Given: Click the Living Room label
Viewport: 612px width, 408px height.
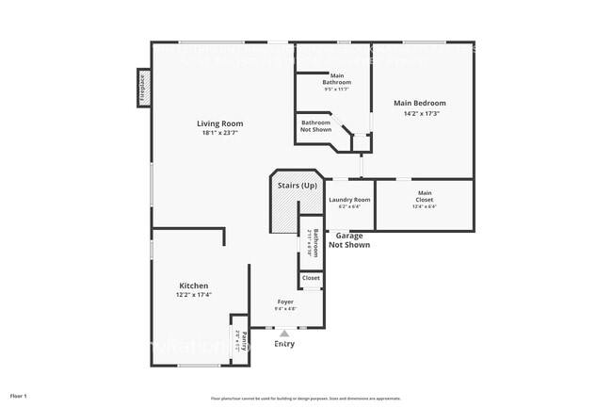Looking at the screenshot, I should (219, 123).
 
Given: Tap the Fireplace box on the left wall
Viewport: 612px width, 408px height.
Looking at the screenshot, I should (144, 90).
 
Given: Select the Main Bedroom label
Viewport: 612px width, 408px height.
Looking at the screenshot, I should (419, 103).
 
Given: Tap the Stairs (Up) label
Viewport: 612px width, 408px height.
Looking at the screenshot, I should (296, 186).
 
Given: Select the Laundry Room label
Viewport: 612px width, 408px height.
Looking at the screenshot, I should (348, 200).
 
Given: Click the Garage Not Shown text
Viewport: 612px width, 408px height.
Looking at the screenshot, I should (348, 240).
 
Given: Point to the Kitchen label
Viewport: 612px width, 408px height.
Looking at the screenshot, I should (194, 286).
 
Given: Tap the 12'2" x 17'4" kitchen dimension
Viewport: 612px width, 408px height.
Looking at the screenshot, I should (194, 295).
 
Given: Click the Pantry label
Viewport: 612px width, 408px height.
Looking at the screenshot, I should (244, 340).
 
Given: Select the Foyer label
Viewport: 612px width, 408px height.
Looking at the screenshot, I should (285, 302).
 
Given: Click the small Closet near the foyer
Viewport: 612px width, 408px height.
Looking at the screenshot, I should (311, 278).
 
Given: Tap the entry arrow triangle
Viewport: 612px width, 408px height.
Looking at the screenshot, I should (284, 333).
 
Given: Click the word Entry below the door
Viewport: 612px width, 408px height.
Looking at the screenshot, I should (284, 344).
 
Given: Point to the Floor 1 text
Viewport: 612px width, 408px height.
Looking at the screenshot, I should (19, 396).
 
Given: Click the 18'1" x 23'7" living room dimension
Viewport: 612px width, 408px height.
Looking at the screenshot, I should (219, 133).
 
